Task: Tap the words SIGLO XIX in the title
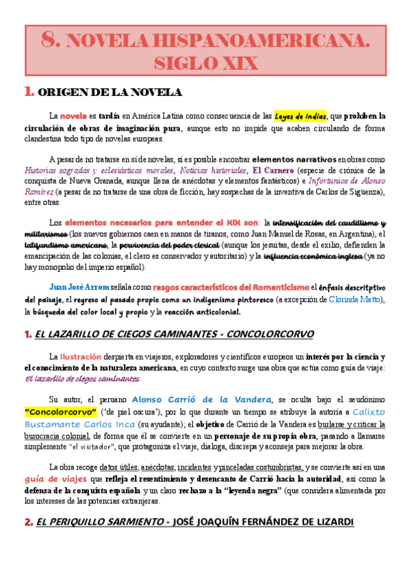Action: (205, 64)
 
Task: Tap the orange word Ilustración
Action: (81, 356)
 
